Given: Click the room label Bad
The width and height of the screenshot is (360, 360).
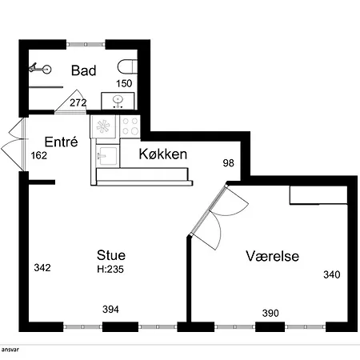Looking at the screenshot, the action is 83,70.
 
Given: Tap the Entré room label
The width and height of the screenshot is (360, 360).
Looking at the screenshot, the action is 61,142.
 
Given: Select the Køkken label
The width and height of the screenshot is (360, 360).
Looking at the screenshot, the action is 163,154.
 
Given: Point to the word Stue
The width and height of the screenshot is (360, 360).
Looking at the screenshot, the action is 111,255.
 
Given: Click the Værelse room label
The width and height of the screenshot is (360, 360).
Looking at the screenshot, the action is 272,256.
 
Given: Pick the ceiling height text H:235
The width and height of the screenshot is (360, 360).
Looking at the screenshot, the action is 110,270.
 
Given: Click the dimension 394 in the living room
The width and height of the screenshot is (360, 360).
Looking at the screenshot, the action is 110,310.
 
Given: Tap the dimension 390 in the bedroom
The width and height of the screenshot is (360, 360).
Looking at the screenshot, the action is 270,313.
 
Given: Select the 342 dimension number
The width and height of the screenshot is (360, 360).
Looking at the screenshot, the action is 42,267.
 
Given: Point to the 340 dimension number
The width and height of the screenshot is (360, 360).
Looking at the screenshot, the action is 332,274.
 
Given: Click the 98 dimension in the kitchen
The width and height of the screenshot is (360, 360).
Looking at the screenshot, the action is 229,163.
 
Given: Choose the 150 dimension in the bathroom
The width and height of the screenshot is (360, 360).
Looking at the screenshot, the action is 124,83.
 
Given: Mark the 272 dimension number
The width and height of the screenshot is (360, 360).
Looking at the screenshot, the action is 78,102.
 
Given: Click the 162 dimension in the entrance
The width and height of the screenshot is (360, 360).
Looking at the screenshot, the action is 39,155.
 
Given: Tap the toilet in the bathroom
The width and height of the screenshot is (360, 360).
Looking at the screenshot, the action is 127,66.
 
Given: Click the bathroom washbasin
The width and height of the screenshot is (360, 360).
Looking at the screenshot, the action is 118,101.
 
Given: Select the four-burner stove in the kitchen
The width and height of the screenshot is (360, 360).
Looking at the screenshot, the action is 130,126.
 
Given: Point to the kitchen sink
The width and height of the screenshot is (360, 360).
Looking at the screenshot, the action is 106,155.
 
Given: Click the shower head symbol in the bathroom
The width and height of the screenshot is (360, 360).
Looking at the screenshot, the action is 40,69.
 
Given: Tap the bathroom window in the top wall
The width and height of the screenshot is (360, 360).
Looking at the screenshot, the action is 86,45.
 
